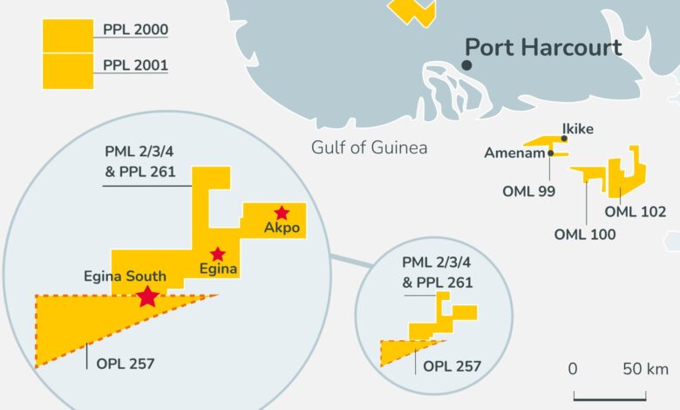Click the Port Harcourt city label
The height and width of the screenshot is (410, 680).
coord(542,47)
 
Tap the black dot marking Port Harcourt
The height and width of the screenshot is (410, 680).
coord(467,65)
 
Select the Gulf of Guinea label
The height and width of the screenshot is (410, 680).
coord(370,147)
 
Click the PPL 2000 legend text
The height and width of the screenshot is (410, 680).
coord(135,30)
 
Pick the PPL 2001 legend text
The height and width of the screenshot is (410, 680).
coord(135,65)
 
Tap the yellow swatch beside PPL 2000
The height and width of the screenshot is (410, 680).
coord(68,36)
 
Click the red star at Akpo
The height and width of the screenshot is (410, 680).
coord(282,212)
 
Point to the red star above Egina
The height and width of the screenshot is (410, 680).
coord(217,254)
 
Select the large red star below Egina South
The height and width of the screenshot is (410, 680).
coord(147,297)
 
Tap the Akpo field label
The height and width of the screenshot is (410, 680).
coord(282,229)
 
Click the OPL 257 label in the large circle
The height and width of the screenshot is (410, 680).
coord(124,356)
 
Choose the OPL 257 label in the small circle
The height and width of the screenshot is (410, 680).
coord(452,366)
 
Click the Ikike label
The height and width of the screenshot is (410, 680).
coord(578,129)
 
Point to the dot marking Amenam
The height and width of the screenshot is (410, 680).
coord(552,153)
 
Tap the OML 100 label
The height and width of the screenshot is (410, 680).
coord(585,234)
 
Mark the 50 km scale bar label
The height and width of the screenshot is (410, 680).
coord(644,368)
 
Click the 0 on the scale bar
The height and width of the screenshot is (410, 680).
coord(573,368)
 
